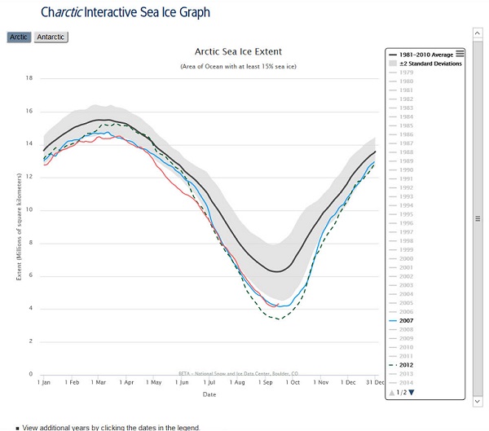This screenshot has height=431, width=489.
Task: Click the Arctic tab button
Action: pyautogui.click(x=20, y=37)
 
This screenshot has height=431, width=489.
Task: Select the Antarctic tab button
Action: pyautogui.click(x=51, y=37)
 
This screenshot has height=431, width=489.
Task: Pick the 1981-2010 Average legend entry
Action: pyautogui.click(x=425, y=55)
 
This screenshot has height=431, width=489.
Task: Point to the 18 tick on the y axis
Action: pyautogui.click(x=29, y=78)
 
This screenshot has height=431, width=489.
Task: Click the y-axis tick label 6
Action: pyautogui.click(x=30, y=275)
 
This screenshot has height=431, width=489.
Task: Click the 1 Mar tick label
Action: pyautogui.click(x=97, y=381)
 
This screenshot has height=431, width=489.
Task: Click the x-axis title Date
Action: pyautogui.click(x=209, y=394)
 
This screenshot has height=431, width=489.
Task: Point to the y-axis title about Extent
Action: pyautogui.click(x=18, y=226)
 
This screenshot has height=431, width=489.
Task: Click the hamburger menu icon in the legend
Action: pyautogui.click(x=460, y=53)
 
